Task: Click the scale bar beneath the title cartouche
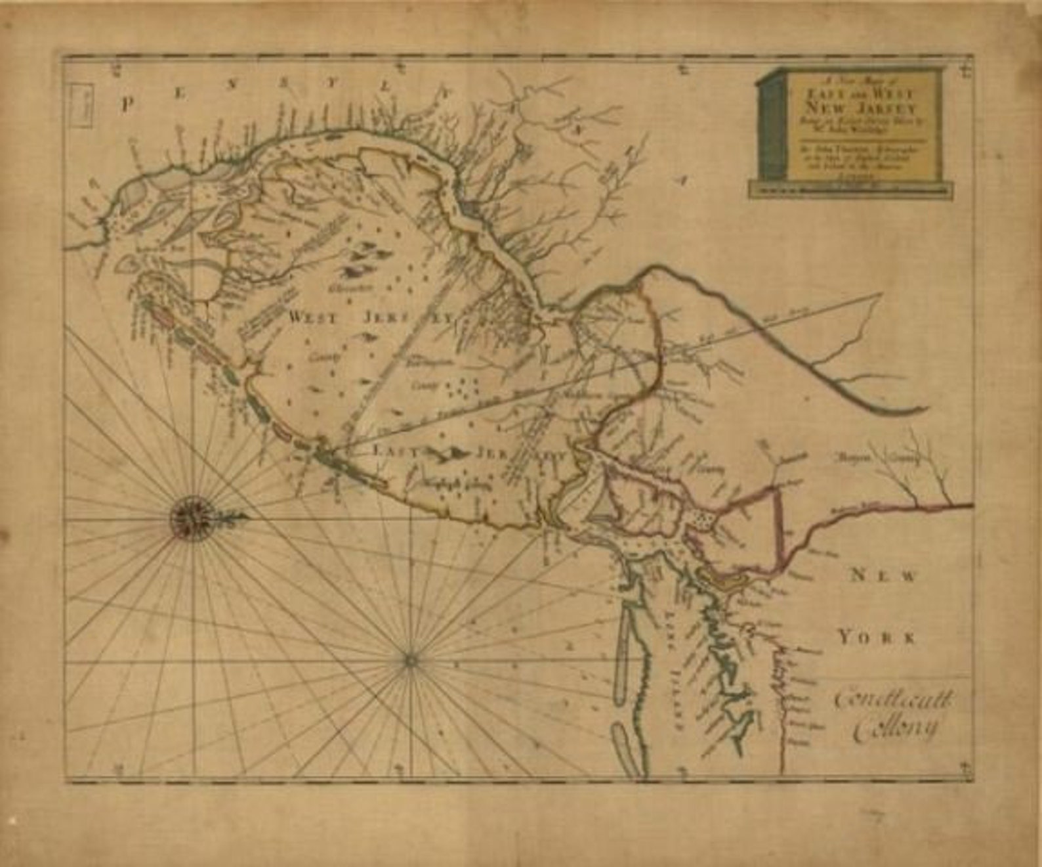tap(851, 189)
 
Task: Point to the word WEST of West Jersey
tap(313, 317)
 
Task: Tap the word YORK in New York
tap(876, 636)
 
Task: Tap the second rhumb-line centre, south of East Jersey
tap(411, 659)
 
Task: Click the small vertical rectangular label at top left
tap(83, 104)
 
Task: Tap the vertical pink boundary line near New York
tap(780, 525)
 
